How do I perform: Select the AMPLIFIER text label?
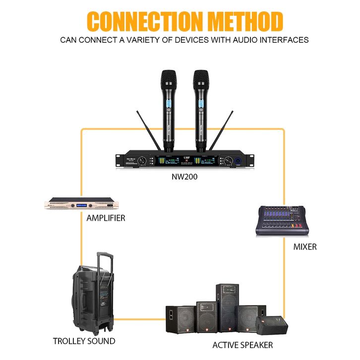(x=106, y=218)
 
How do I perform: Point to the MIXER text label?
(x=304, y=246)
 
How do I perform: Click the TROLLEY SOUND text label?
(x=84, y=341)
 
